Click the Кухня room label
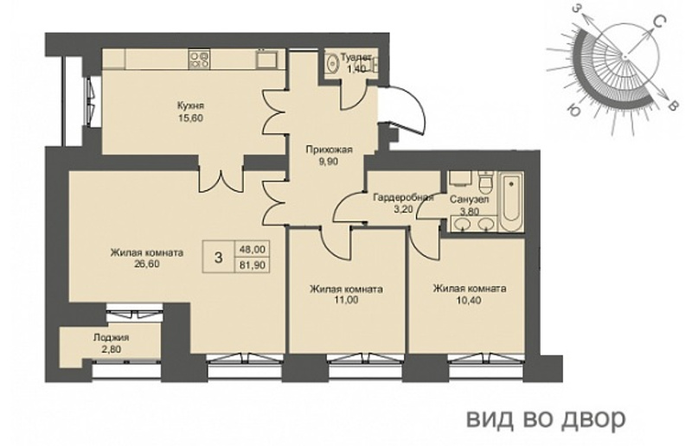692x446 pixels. [x=190, y=106]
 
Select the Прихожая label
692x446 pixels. [x=330, y=150]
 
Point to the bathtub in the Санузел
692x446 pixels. [x=511, y=202]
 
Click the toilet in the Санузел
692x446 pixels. [x=485, y=182]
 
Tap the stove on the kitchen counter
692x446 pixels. [x=199, y=59]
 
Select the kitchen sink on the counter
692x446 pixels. [x=266, y=59]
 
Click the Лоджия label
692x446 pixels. [x=111, y=338]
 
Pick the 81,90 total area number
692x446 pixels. [x=253, y=266]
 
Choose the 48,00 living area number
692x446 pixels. [x=253, y=249]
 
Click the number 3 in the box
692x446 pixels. [x=218, y=258]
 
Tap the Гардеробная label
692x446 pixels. [x=403, y=197]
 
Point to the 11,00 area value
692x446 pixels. [x=347, y=300]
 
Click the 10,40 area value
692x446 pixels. [x=469, y=300]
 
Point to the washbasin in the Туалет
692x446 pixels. [x=331, y=63]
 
